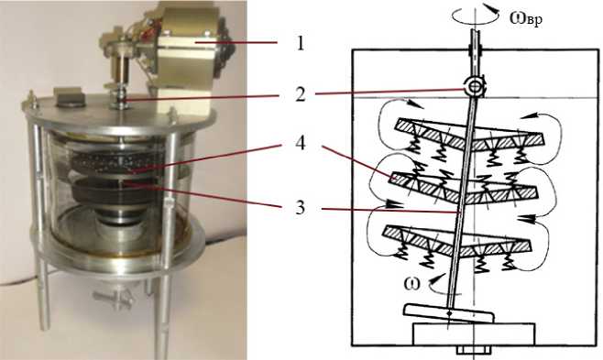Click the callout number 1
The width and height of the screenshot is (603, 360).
pos(301,44)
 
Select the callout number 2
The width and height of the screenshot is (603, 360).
pos(301,94)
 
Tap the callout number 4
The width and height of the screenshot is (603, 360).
pos(301,144)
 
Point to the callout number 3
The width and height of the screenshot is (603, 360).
pos(300,207)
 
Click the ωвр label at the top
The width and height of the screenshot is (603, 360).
pos(526,18)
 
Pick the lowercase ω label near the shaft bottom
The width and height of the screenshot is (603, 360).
pos(411,284)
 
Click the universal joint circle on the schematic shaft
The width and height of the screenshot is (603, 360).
pos(476,87)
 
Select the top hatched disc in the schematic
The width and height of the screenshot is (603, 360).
pos(468,134)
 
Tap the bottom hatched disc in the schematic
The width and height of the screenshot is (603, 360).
pos(457,239)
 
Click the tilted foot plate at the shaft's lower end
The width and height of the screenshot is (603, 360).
pos(449,313)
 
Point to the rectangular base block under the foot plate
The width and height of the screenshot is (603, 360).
pos(474,333)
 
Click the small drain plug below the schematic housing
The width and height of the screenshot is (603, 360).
pos(474,350)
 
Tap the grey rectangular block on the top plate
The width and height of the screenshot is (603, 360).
pos(69,96)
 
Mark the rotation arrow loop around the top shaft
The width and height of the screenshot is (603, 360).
pos(476,17)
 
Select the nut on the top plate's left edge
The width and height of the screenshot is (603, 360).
pos(32,99)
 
